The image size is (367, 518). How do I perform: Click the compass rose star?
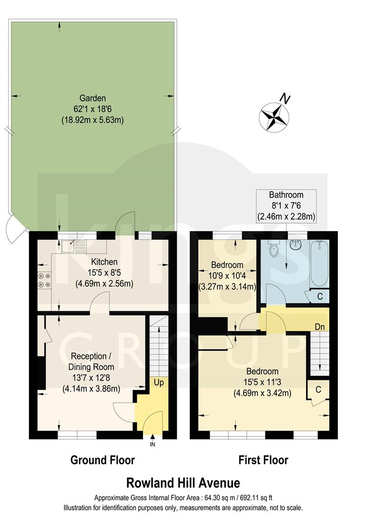[272, 117]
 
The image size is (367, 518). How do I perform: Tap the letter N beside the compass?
[286, 99]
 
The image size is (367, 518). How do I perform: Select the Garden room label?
[93, 98]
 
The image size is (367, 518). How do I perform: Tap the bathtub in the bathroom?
[319, 263]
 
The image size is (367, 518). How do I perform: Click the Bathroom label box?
[286, 206]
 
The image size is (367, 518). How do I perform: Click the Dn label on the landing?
[320, 327]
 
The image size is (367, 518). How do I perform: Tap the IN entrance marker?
[153, 445]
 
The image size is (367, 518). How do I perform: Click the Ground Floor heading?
[103, 460]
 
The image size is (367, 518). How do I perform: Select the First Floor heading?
[264, 460]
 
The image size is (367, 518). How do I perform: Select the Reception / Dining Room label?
[91, 361]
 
